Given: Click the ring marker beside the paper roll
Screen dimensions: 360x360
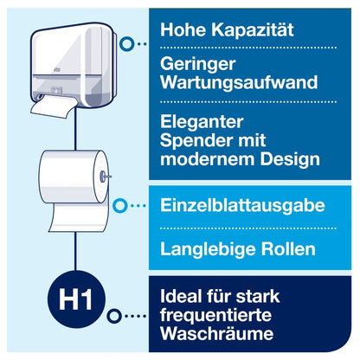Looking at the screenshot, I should (121, 206).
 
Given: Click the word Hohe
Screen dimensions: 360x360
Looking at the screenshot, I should (179, 29).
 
